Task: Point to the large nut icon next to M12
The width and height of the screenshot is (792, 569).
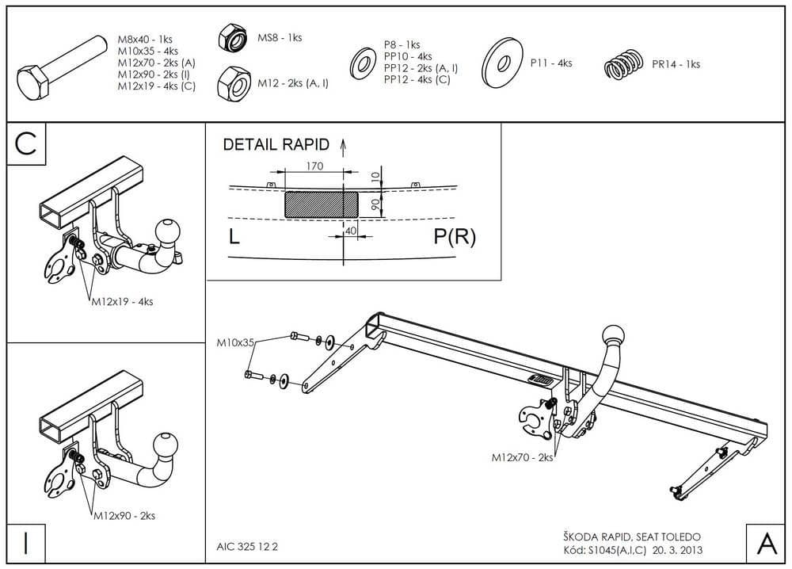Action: click(x=234, y=82)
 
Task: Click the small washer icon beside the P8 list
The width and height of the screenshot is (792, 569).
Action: click(x=363, y=61)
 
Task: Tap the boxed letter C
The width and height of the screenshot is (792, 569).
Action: click(x=26, y=144)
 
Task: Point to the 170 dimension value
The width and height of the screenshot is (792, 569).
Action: click(x=315, y=166)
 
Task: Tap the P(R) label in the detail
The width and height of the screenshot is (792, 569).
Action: click(x=455, y=237)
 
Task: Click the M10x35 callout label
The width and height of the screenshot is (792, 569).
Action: click(x=236, y=342)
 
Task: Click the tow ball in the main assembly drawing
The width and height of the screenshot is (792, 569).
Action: click(x=615, y=334)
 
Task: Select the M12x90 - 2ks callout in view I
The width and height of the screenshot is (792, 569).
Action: click(x=124, y=515)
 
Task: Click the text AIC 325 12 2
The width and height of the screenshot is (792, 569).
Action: click(x=247, y=546)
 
